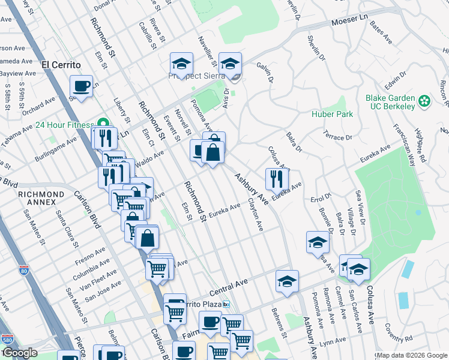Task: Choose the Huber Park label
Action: click(332, 114)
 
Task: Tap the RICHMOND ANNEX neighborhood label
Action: click(41, 198)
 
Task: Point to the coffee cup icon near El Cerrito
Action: click(81, 86)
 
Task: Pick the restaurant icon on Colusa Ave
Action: click(277, 179)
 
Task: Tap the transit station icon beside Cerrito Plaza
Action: click(226, 305)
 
